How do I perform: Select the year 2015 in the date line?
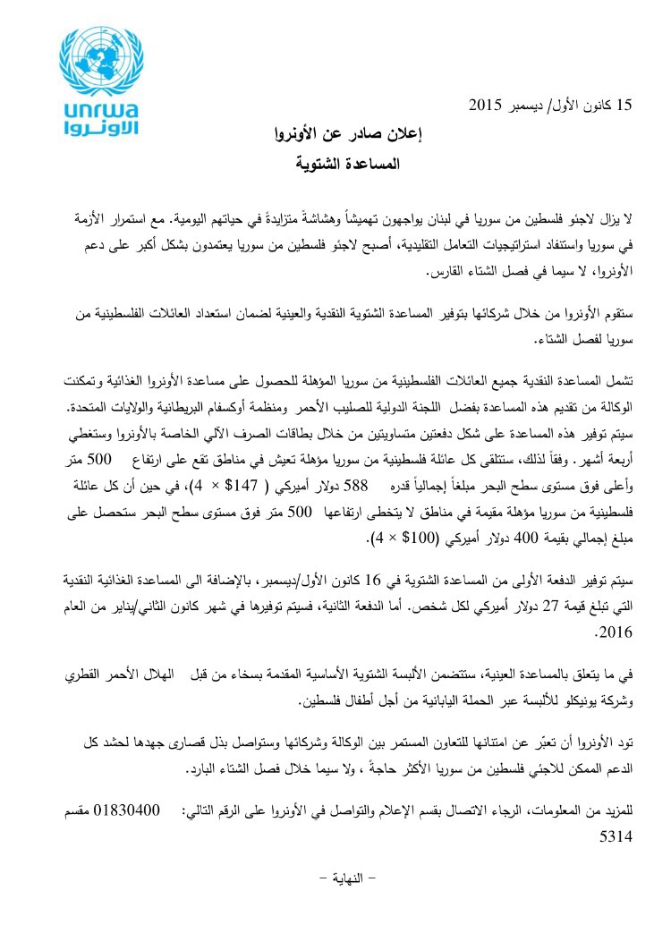[x=487, y=106]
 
